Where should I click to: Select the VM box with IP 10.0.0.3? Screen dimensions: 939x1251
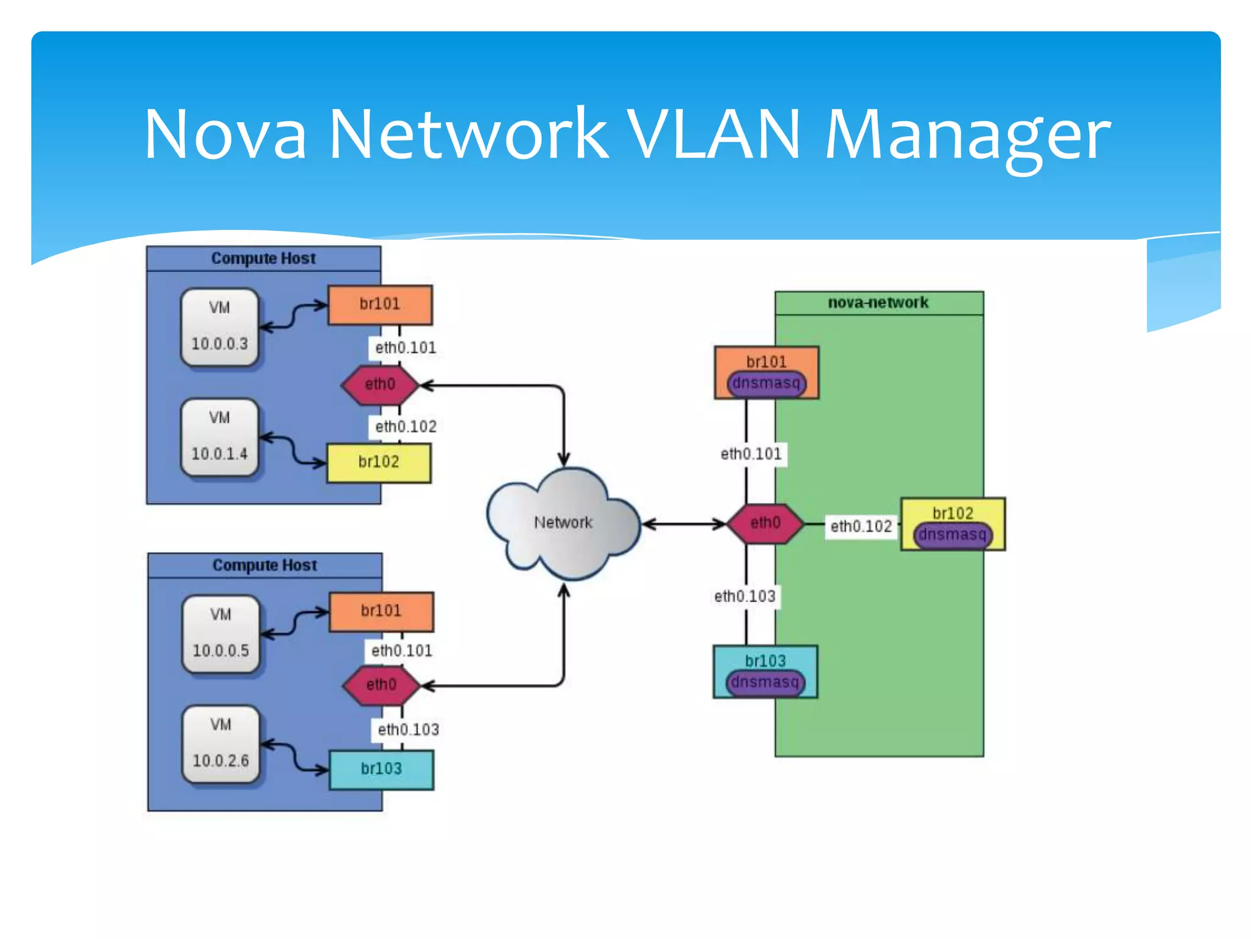[x=220, y=327]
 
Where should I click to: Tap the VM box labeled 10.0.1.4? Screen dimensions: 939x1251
[x=220, y=437]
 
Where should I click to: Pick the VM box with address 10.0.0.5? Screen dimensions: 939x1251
[x=221, y=634]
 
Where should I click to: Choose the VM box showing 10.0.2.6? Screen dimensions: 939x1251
[x=221, y=744]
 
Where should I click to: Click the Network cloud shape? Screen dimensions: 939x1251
[x=563, y=523]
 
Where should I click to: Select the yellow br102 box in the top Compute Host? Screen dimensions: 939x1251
[x=379, y=463]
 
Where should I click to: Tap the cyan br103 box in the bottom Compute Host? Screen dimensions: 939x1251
[x=381, y=769]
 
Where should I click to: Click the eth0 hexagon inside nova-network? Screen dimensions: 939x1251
[x=765, y=523]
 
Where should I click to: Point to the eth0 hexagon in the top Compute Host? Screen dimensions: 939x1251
[x=380, y=385]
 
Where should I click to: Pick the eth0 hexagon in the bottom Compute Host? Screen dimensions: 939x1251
[x=381, y=685]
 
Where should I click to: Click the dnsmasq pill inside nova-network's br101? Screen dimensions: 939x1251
[x=767, y=384]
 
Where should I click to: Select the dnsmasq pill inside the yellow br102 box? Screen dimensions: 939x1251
[x=953, y=536]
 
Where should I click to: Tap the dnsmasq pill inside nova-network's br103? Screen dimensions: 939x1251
[x=765, y=682]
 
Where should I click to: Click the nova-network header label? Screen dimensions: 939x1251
[x=878, y=303]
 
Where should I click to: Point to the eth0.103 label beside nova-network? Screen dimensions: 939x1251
[x=745, y=596]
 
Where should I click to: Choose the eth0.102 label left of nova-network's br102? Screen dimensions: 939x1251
[x=861, y=526]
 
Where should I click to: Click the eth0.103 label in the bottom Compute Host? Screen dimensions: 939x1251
[x=408, y=729]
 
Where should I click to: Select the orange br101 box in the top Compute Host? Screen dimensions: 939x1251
[x=380, y=304]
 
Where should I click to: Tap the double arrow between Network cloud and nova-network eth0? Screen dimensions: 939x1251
[x=683, y=524]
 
